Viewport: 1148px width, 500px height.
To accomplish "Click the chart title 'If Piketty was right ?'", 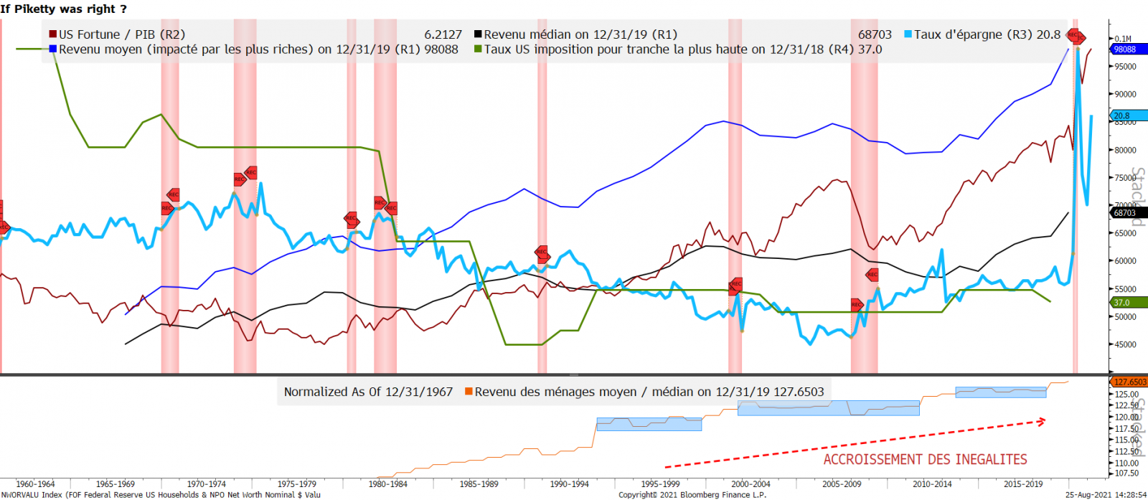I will pyautogui.click(x=64, y=9).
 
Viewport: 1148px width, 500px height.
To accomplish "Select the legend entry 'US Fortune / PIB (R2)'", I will pyautogui.click(x=121, y=34).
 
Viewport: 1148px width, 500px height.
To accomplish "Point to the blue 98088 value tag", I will pyautogui.click(x=1126, y=49).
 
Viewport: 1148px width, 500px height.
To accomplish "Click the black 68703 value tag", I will pyautogui.click(x=1126, y=213).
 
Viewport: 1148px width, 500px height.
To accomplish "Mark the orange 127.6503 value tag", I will pyautogui.click(x=1129, y=382).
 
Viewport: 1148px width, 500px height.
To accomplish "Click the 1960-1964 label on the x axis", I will pyautogui.click(x=35, y=484).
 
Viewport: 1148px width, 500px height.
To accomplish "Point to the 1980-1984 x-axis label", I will pyautogui.click(x=387, y=484).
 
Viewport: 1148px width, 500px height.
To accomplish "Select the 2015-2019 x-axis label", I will pyautogui.click(x=1023, y=484).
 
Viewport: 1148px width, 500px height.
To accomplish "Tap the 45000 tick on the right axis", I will pyautogui.click(x=1126, y=345).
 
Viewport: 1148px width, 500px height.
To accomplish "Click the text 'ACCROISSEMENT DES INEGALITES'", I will pyautogui.click(x=925, y=460).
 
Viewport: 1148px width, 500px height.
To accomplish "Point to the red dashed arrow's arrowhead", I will pyautogui.click(x=1042, y=421).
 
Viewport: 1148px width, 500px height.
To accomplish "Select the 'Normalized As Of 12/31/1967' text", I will pyautogui.click(x=368, y=392).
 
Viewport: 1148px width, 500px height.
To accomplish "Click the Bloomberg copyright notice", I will pyautogui.click(x=692, y=495).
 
